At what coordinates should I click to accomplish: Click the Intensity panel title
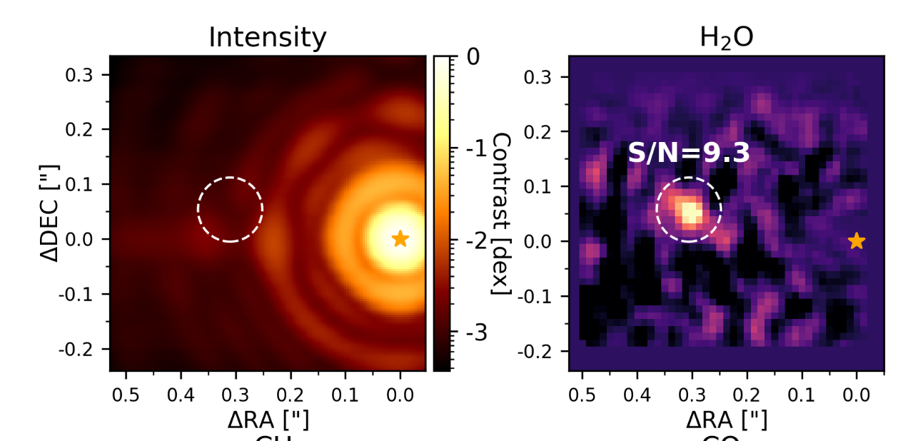[267, 37]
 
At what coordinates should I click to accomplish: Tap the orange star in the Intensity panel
[400, 238]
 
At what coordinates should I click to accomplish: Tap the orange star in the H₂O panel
[857, 241]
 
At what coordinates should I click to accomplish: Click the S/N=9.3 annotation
[689, 153]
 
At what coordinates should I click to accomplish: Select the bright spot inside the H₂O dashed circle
[690, 212]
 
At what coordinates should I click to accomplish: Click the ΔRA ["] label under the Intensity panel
[268, 420]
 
